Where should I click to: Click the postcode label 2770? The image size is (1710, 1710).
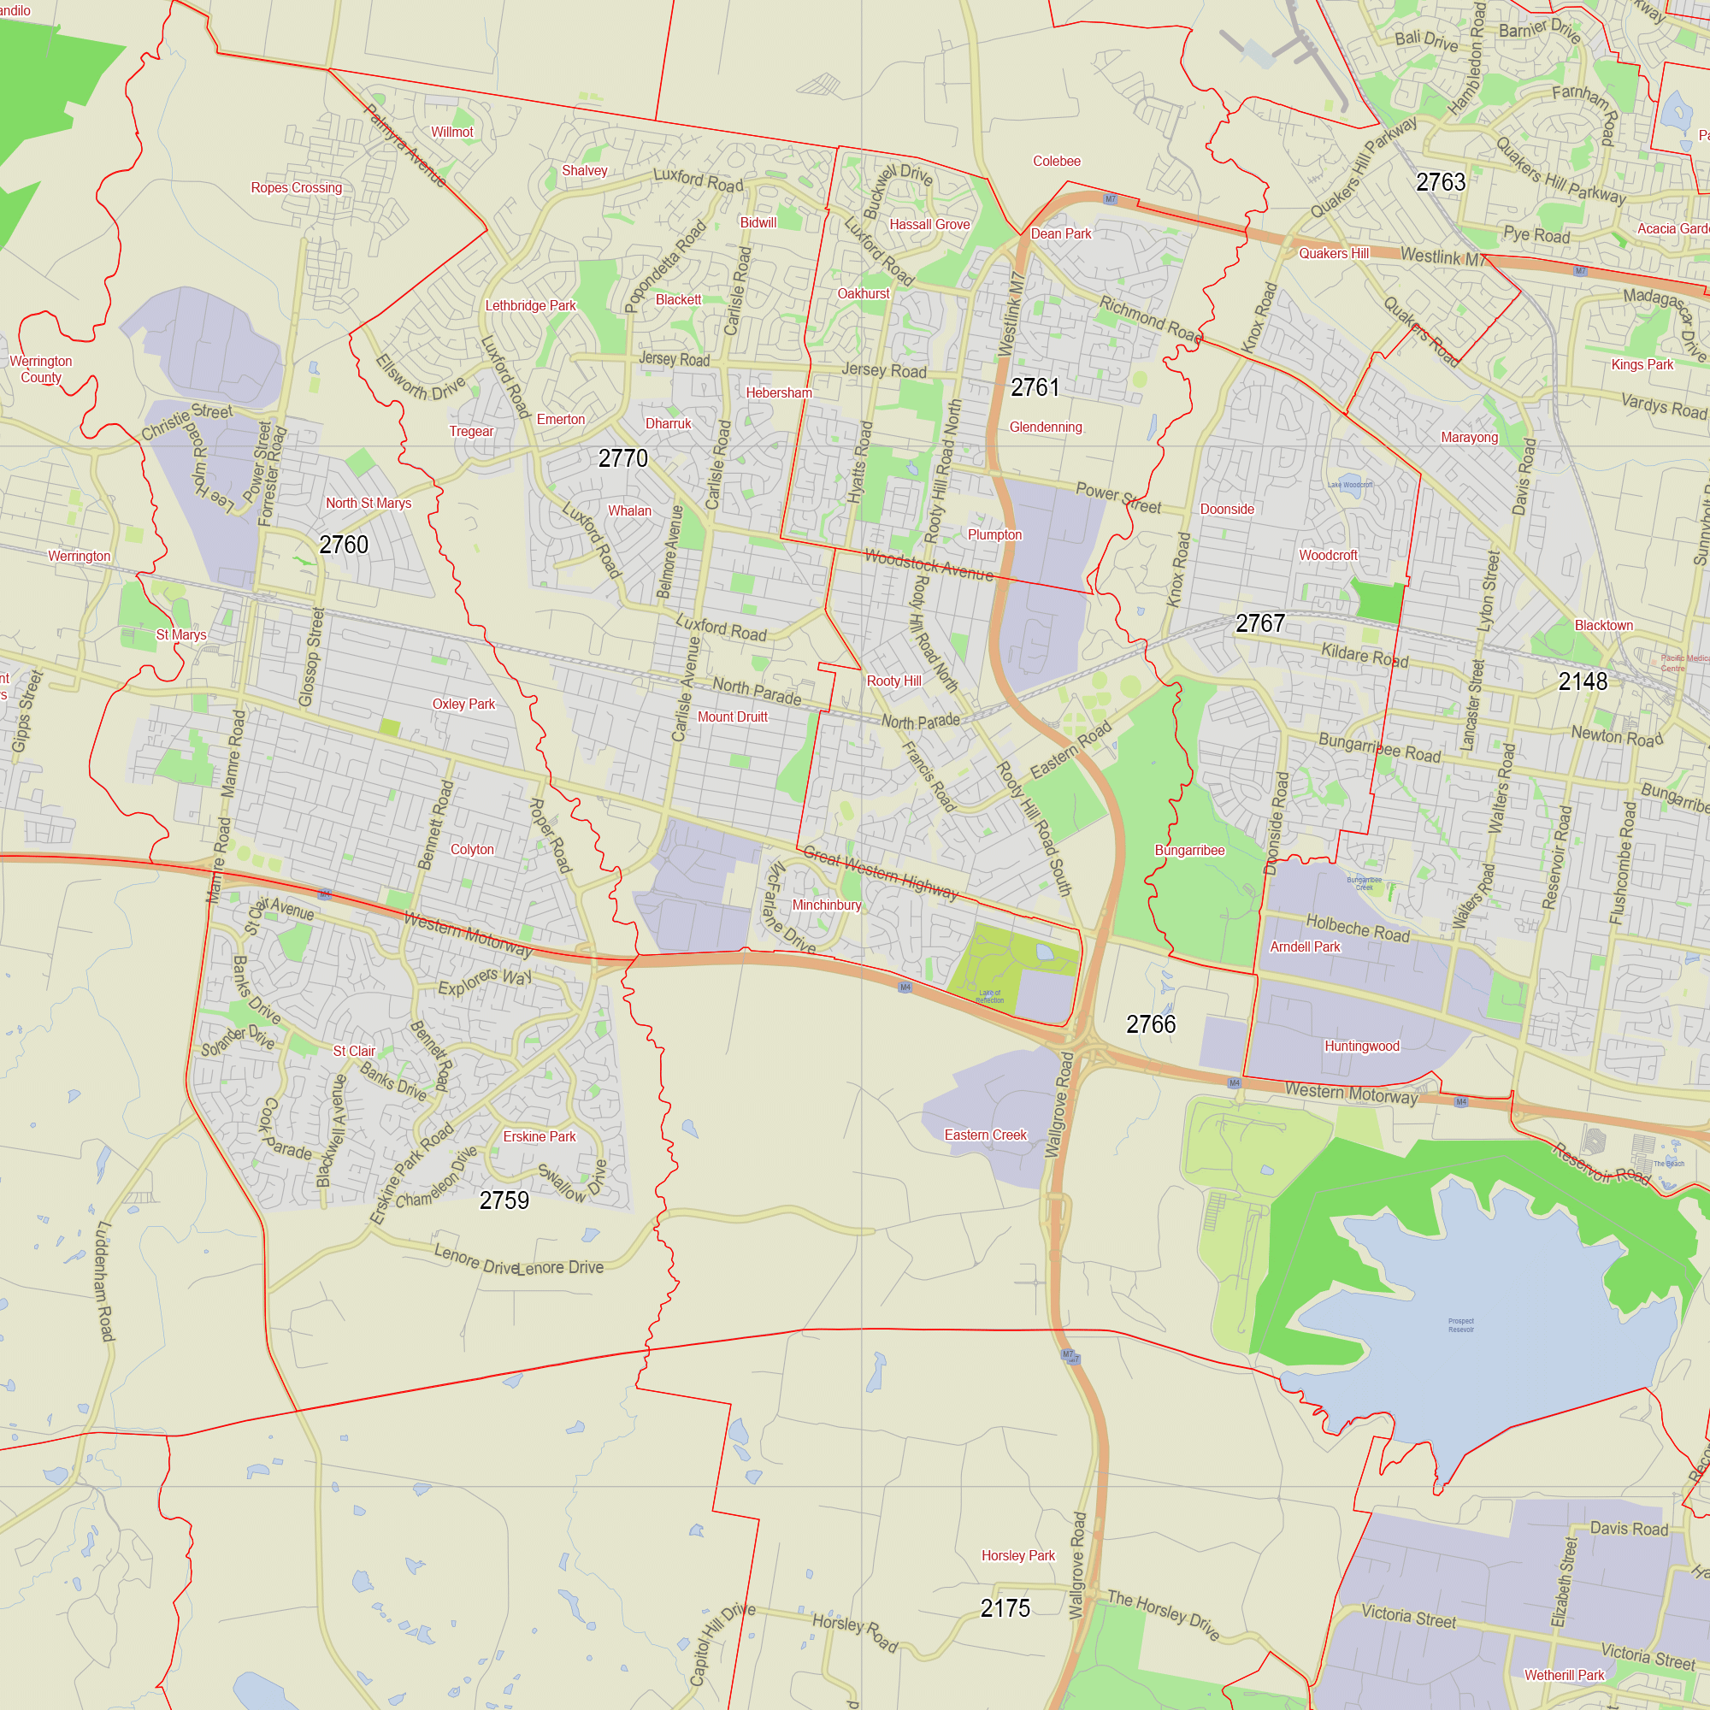coord(623,458)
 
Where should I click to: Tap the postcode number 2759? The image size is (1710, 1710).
coord(504,1200)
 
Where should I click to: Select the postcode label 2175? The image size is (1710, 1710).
coord(1005,1608)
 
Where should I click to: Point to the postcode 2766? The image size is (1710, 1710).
coord(1151,1024)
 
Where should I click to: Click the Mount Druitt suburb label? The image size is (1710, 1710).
coord(732,717)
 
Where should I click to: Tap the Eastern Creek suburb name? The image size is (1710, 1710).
coord(985,1135)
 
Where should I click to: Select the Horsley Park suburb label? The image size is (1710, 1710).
coord(1017,1555)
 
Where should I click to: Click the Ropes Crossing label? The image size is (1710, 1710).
coord(296,187)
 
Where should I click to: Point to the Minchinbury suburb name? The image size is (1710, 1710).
coord(826,905)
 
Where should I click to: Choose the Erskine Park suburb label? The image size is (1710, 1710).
coord(539,1136)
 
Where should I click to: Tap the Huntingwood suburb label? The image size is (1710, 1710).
coord(1361,1047)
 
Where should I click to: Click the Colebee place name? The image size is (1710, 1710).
coord(1056,161)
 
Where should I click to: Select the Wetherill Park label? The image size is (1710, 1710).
coord(1564,1675)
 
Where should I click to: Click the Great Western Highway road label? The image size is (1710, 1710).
coord(881,874)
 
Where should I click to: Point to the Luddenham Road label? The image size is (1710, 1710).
coord(105,1281)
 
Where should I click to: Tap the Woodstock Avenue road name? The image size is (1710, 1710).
coord(929,564)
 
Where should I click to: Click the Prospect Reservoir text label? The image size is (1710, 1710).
coord(1460,1325)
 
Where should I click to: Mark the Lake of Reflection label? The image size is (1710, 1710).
coord(989,997)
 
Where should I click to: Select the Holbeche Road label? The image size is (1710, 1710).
coord(1358,929)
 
